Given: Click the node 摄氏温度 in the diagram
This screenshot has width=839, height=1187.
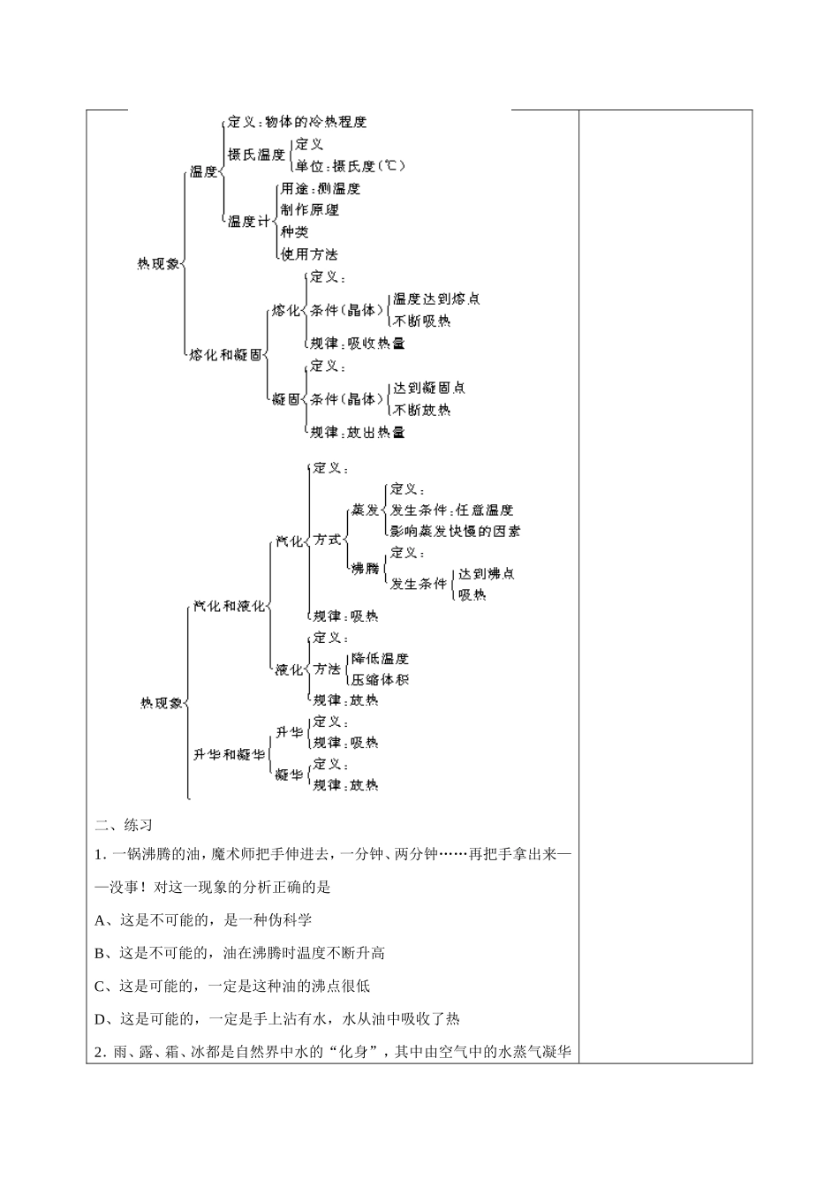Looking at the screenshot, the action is [x=256, y=155].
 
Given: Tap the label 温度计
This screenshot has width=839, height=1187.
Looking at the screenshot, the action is [x=248, y=221].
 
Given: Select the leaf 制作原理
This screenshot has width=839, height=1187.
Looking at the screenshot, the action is [x=309, y=210].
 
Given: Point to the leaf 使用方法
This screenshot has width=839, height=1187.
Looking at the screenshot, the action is [x=309, y=254].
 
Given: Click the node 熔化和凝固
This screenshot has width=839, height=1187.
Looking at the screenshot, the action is [x=226, y=355].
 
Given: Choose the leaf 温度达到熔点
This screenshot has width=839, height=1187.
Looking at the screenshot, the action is [x=436, y=299].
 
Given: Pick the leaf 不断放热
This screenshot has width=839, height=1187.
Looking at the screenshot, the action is [x=422, y=410].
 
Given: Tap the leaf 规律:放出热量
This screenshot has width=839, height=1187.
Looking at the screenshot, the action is [x=358, y=433].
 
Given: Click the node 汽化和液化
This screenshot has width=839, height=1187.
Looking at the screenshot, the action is [x=230, y=606].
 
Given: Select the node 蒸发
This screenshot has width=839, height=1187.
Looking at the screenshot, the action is [x=365, y=510].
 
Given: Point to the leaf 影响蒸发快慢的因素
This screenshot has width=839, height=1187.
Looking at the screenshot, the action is [x=455, y=532].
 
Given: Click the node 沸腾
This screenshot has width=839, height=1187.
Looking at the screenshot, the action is [x=365, y=568].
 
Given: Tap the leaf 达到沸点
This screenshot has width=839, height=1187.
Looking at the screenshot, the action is [x=486, y=574].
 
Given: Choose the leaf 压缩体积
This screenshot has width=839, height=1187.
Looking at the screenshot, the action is [x=380, y=680].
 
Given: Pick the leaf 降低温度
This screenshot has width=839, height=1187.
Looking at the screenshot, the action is [x=380, y=659].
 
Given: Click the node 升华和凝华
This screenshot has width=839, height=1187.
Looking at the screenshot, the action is [x=230, y=754].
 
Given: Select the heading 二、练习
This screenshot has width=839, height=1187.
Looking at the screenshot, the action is [x=124, y=826].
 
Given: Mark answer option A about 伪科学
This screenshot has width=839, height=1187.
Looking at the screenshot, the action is [x=203, y=920].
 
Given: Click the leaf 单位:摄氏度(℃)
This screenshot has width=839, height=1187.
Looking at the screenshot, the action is [x=351, y=166].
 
